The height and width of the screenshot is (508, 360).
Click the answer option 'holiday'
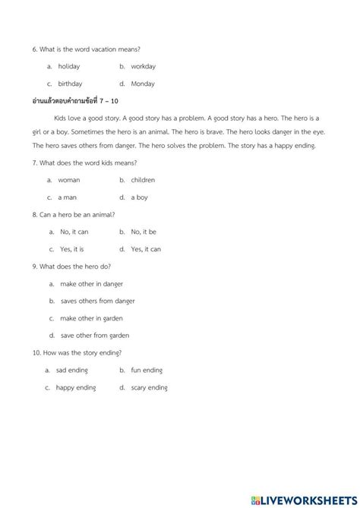coord(68,67)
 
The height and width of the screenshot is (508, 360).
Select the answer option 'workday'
coord(143,67)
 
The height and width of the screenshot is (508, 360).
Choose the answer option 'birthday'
coord(70,84)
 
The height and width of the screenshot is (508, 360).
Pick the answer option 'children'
coord(143,180)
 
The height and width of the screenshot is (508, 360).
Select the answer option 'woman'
coord(68,180)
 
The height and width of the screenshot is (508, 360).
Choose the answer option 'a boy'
coord(139,197)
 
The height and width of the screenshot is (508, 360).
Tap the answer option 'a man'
coord(66,197)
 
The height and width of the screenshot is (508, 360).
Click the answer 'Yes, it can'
coord(146,249)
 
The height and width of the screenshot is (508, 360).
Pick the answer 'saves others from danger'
coord(100,301)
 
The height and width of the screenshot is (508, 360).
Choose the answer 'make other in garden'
coord(91,318)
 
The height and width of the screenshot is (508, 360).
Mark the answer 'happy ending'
coord(76,387)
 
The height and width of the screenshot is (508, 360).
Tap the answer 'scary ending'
coord(149,387)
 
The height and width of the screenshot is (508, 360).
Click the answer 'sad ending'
coord(72,370)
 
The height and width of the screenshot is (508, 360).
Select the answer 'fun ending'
coord(147,370)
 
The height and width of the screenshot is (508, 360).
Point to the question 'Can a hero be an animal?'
coord(76,215)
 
